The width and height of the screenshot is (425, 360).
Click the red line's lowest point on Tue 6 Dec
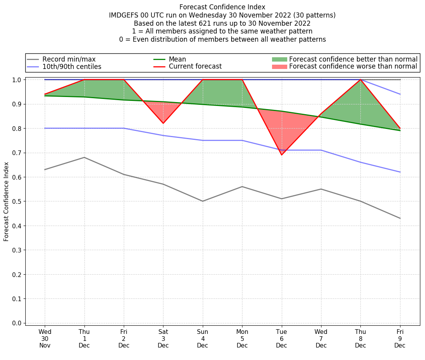point(281,155)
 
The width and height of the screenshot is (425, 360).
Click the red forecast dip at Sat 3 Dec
point(163,124)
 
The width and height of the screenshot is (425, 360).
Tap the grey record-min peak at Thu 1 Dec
point(84,157)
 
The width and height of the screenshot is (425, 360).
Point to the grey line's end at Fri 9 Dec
point(400,218)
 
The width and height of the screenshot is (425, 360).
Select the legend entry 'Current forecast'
point(195,67)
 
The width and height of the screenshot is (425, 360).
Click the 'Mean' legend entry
point(177,59)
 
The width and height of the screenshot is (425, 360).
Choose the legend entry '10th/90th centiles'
point(72,67)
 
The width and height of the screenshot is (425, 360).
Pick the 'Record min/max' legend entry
point(68,59)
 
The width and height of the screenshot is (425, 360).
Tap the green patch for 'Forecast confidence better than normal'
point(279,59)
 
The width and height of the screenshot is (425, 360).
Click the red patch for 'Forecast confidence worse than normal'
point(279,67)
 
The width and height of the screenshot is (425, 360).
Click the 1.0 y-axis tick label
point(17,80)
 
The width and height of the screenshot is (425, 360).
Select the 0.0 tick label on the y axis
point(17,323)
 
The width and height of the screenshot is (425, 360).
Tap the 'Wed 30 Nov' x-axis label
point(45,339)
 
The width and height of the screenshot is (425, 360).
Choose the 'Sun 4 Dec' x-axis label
point(202,339)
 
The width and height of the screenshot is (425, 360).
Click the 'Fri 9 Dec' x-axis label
point(400,339)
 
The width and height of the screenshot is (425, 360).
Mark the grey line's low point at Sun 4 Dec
point(202,201)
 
